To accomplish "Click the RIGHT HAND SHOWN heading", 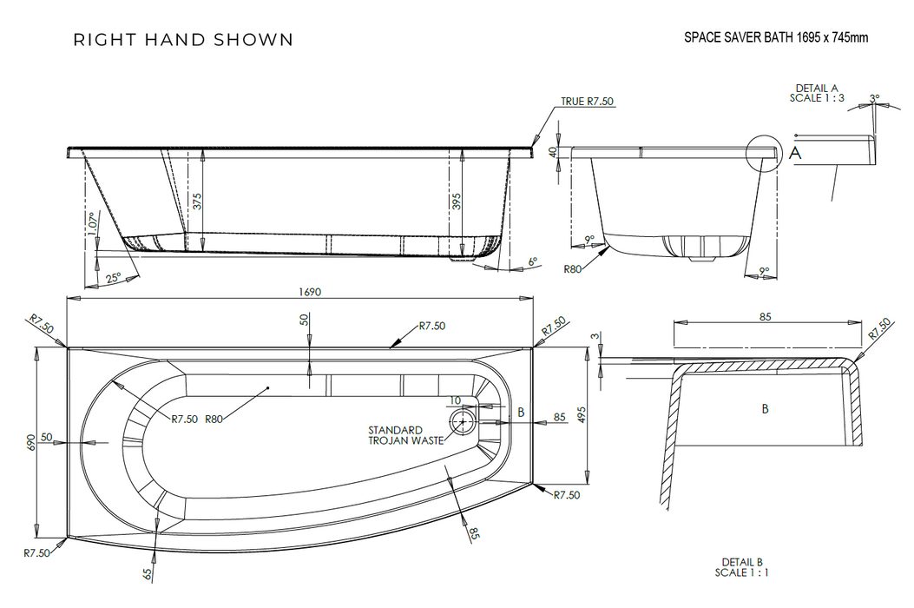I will point(183,40).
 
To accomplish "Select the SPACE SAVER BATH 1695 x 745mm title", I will point(776,37).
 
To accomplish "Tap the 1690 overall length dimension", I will point(309,293).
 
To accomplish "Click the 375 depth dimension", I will point(197,202).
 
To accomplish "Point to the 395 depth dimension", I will point(457,202).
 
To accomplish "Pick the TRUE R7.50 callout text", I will point(587,102).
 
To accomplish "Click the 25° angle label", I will point(113,278).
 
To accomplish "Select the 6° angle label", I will point(533,261).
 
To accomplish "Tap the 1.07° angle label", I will point(91,225).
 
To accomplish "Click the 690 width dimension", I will point(31,443).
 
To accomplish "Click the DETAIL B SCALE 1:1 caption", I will point(741,567).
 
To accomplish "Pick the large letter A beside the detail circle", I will point(795,154).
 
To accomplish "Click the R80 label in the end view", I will point(572,269).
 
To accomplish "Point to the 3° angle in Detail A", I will point(874,99).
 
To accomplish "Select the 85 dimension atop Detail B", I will point(765,317).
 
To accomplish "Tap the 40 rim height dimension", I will point(553,151).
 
